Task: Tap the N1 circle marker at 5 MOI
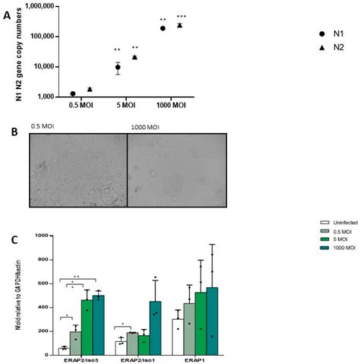[118, 68]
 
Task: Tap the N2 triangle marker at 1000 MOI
[180, 25]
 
